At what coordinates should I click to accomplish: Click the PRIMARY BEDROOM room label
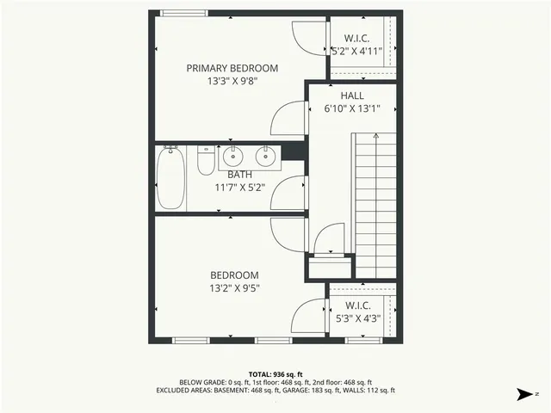click(x=232, y=68)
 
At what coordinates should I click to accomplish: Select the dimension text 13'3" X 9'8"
click(x=232, y=82)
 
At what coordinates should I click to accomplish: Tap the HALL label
click(x=352, y=96)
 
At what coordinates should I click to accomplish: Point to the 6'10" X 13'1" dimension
click(x=352, y=109)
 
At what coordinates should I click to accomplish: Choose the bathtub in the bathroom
click(x=170, y=177)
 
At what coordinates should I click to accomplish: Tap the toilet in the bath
click(x=205, y=161)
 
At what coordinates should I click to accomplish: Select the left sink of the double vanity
click(x=233, y=157)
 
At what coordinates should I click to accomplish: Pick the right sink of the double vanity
click(x=266, y=157)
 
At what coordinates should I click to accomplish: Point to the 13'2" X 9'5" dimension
click(x=234, y=288)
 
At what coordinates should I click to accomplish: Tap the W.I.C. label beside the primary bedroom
click(x=358, y=38)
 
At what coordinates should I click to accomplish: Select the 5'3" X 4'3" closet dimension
click(x=358, y=319)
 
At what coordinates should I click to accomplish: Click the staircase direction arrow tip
click(x=375, y=135)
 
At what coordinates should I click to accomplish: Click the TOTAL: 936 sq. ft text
click(x=275, y=373)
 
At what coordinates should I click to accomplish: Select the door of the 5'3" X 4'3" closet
click(x=309, y=317)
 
